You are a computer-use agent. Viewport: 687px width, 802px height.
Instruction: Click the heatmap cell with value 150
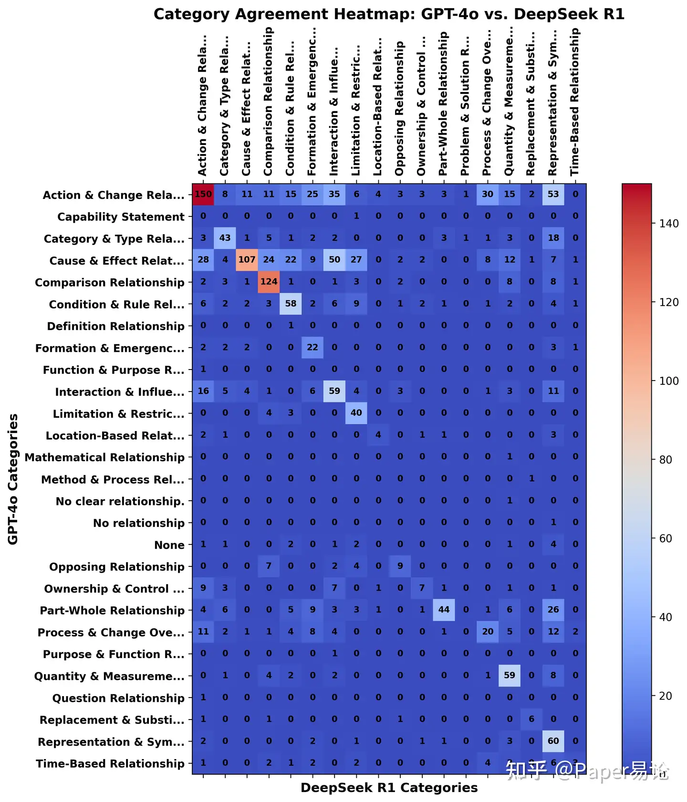click(x=203, y=194)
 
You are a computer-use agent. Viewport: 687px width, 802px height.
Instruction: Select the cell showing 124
click(x=269, y=282)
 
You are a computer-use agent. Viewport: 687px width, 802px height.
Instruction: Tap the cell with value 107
click(x=247, y=260)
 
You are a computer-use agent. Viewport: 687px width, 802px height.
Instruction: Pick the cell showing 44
click(x=444, y=610)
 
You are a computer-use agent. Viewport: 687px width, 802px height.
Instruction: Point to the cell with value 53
click(x=553, y=194)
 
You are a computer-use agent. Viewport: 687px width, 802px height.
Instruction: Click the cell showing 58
click(x=291, y=304)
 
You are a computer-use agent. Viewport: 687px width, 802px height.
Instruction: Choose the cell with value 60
click(x=553, y=741)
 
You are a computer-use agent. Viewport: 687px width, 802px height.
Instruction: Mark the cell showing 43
click(x=225, y=238)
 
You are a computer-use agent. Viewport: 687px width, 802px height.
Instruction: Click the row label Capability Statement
click(x=121, y=217)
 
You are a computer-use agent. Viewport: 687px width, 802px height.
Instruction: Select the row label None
click(x=169, y=545)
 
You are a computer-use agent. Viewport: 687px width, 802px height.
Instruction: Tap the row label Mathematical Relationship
click(x=104, y=457)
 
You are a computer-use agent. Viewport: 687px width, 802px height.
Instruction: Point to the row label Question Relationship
click(x=118, y=698)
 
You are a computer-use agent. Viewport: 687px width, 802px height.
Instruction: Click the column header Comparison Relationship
click(x=268, y=101)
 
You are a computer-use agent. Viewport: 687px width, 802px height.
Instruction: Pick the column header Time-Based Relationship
click(x=575, y=102)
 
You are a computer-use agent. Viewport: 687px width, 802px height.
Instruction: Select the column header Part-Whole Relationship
click(x=443, y=103)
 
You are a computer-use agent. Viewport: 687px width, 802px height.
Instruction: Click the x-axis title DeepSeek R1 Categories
click(x=389, y=788)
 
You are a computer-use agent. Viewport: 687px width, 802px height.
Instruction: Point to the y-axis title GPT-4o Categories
click(x=13, y=479)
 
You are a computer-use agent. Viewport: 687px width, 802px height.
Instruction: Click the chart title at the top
click(x=389, y=14)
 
